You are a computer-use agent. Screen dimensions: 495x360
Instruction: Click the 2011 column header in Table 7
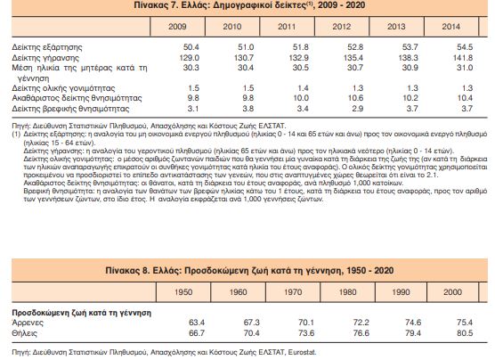pos(287,27)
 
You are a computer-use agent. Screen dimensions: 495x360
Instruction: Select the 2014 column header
pos(450,27)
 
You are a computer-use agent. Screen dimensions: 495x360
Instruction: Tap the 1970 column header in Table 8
pos(293,292)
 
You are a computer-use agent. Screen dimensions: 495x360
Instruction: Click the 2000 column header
pos(452,292)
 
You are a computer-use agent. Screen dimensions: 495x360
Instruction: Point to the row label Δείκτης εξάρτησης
pos(47,47)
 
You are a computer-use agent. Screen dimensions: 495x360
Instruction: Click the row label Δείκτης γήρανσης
pos(45,58)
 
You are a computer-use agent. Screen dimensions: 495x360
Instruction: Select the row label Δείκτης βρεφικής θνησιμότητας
pos(70,109)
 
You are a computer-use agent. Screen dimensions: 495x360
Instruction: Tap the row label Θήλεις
pos(24,333)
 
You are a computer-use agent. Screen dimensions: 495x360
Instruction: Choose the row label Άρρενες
pos(28,323)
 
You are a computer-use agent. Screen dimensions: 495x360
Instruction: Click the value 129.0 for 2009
pos(189,58)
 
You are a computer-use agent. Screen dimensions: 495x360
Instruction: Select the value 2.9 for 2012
pos(357,109)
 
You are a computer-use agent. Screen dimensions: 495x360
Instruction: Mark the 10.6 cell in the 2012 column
pos(355,98)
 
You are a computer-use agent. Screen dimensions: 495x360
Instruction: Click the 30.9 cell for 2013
pos(410,68)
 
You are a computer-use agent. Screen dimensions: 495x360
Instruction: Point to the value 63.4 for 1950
pos(197,323)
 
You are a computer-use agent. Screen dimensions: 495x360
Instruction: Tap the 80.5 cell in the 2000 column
pos(465,333)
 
